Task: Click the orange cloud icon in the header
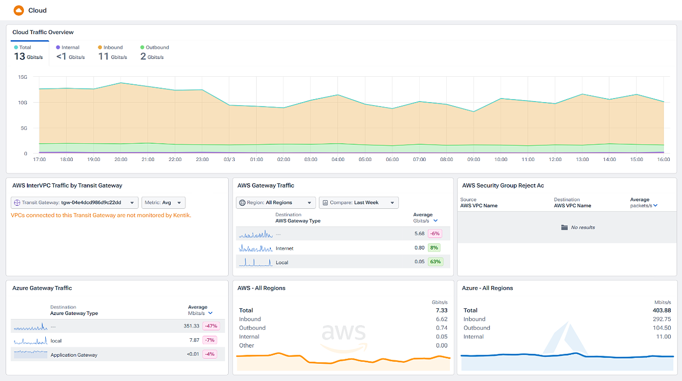point(19,10)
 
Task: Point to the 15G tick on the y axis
point(22,77)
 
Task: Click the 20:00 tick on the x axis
point(120,160)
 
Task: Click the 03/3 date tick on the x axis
point(230,160)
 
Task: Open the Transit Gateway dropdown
point(74,203)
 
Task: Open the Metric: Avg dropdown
point(163,203)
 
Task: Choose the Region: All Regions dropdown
point(276,203)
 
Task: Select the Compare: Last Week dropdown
point(358,203)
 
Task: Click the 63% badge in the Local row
point(435,262)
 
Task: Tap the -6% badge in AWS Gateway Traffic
point(435,234)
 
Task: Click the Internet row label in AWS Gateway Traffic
point(284,248)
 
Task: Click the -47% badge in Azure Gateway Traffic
point(210,326)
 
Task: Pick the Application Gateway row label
point(74,355)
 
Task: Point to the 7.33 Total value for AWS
point(441,310)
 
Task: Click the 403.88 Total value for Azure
point(661,310)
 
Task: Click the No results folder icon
point(564,228)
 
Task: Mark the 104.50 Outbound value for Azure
point(661,328)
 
